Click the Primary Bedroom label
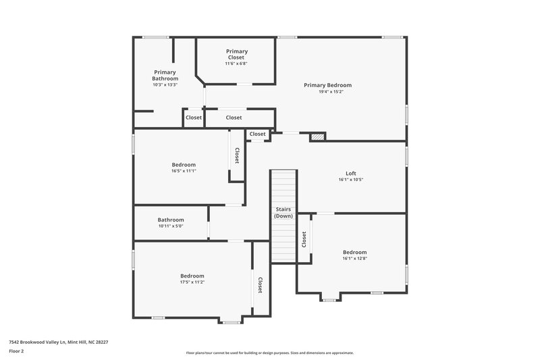327,85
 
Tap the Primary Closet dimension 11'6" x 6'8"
236,63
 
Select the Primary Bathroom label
165,75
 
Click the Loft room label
350,173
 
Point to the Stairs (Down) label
283,213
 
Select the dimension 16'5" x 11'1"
184,172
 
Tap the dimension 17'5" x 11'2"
192,282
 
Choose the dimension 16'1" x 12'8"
354,259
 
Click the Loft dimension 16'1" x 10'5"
350,180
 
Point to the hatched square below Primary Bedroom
317,137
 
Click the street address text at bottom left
58,342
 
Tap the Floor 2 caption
17,352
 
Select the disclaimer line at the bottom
269,353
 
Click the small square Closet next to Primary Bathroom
194,118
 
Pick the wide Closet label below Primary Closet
234,118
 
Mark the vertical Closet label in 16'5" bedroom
237,156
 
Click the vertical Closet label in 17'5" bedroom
259,284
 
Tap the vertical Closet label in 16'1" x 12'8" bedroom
304,239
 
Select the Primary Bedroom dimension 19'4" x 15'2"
327,92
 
